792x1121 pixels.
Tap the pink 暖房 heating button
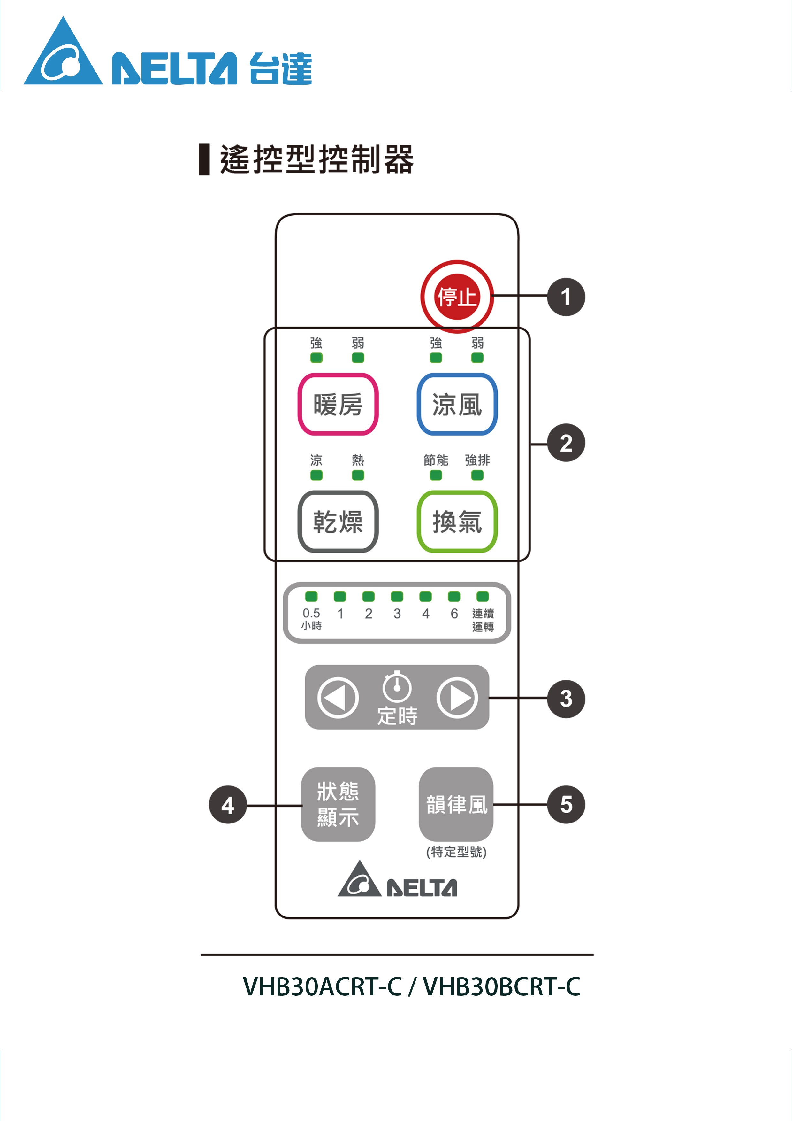pos(338,404)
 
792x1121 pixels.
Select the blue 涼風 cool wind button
pos(457,404)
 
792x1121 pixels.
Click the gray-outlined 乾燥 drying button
pos(338,522)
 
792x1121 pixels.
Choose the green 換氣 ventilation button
pos(457,522)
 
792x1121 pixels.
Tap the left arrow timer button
pos(338,698)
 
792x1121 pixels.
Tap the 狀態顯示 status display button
pos(338,804)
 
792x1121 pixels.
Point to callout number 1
pos(566,297)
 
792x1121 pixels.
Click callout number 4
pos(228,805)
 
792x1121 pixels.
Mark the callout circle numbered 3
pos(566,699)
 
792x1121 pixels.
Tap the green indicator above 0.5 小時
pos(311,597)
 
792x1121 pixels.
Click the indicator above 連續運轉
pos(483,597)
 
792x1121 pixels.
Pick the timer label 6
pos(454,614)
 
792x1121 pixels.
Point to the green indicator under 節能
pos(436,475)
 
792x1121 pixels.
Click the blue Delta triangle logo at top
pos(64,54)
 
